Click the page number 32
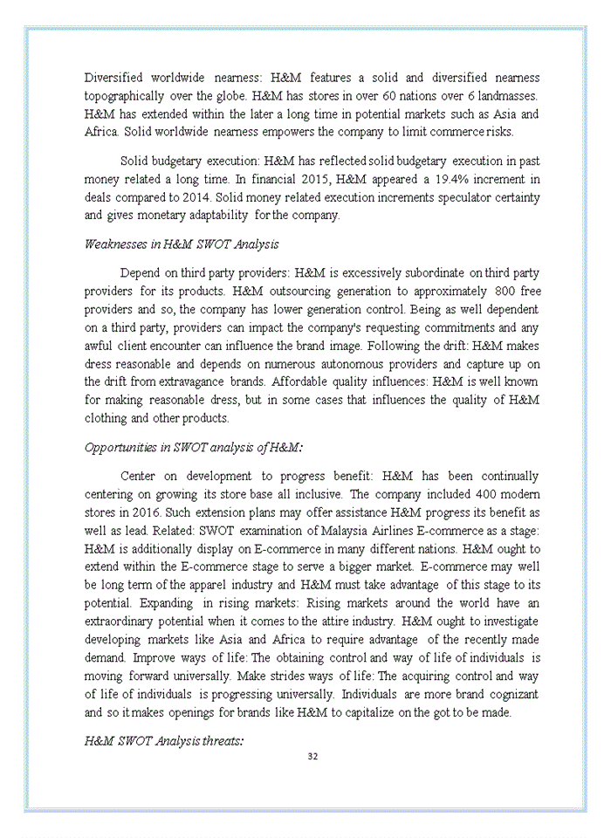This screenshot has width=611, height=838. point(312,756)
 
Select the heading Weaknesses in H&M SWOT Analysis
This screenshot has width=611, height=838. point(182,244)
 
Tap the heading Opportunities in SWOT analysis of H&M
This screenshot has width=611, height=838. point(194,448)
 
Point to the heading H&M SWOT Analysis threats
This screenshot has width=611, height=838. point(164,741)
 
